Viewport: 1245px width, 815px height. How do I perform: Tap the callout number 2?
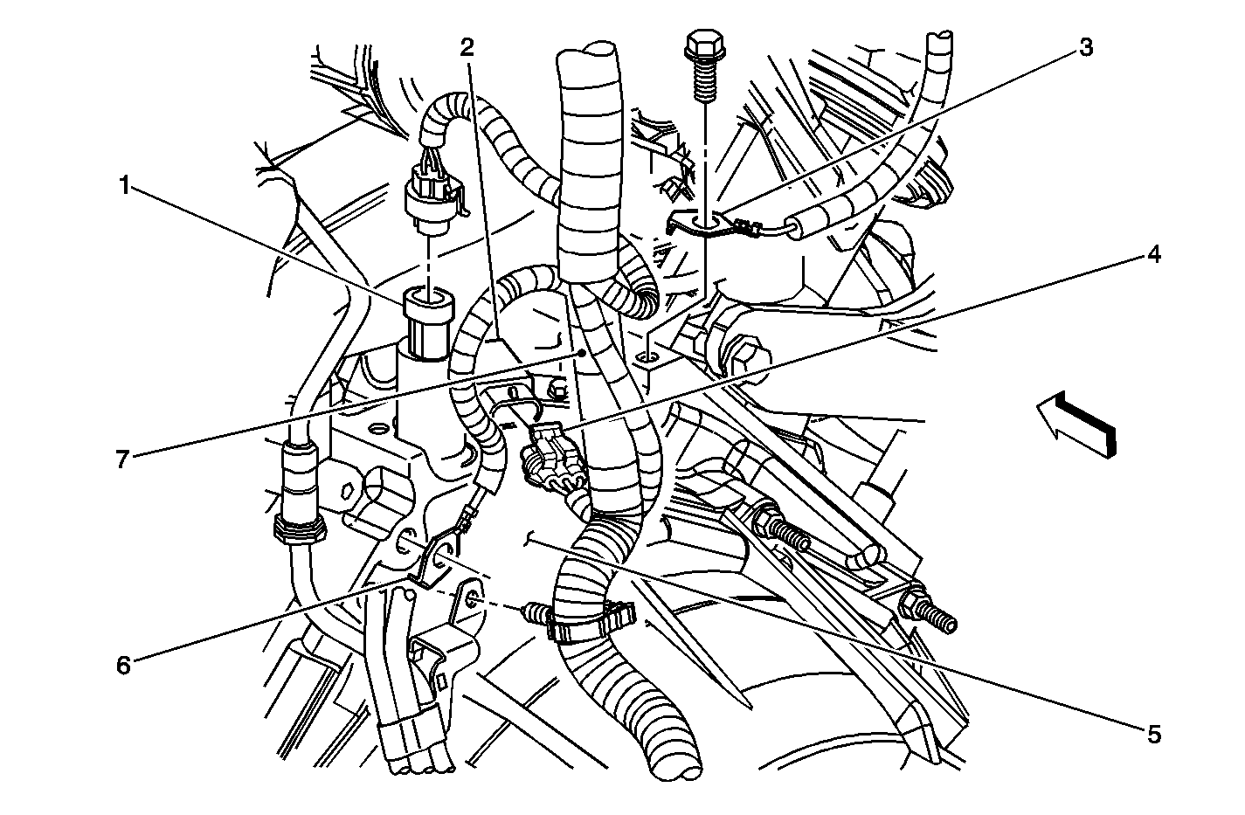click(x=467, y=48)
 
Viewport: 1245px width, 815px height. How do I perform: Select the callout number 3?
click(x=1085, y=48)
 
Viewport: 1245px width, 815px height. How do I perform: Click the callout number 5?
click(x=1154, y=735)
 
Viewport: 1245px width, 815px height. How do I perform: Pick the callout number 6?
click(x=123, y=665)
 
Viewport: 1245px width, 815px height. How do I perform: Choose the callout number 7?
click(x=122, y=459)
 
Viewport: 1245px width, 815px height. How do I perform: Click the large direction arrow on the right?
click(x=1076, y=424)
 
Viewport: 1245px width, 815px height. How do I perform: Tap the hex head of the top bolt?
click(x=704, y=44)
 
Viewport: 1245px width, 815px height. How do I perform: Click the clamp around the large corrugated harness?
click(x=591, y=620)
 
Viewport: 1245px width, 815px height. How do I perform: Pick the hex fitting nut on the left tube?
click(x=298, y=528)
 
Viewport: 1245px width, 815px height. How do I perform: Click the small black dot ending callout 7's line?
click(x=582, y=353)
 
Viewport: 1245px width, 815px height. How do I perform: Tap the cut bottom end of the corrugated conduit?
click(x=676, y=769)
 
